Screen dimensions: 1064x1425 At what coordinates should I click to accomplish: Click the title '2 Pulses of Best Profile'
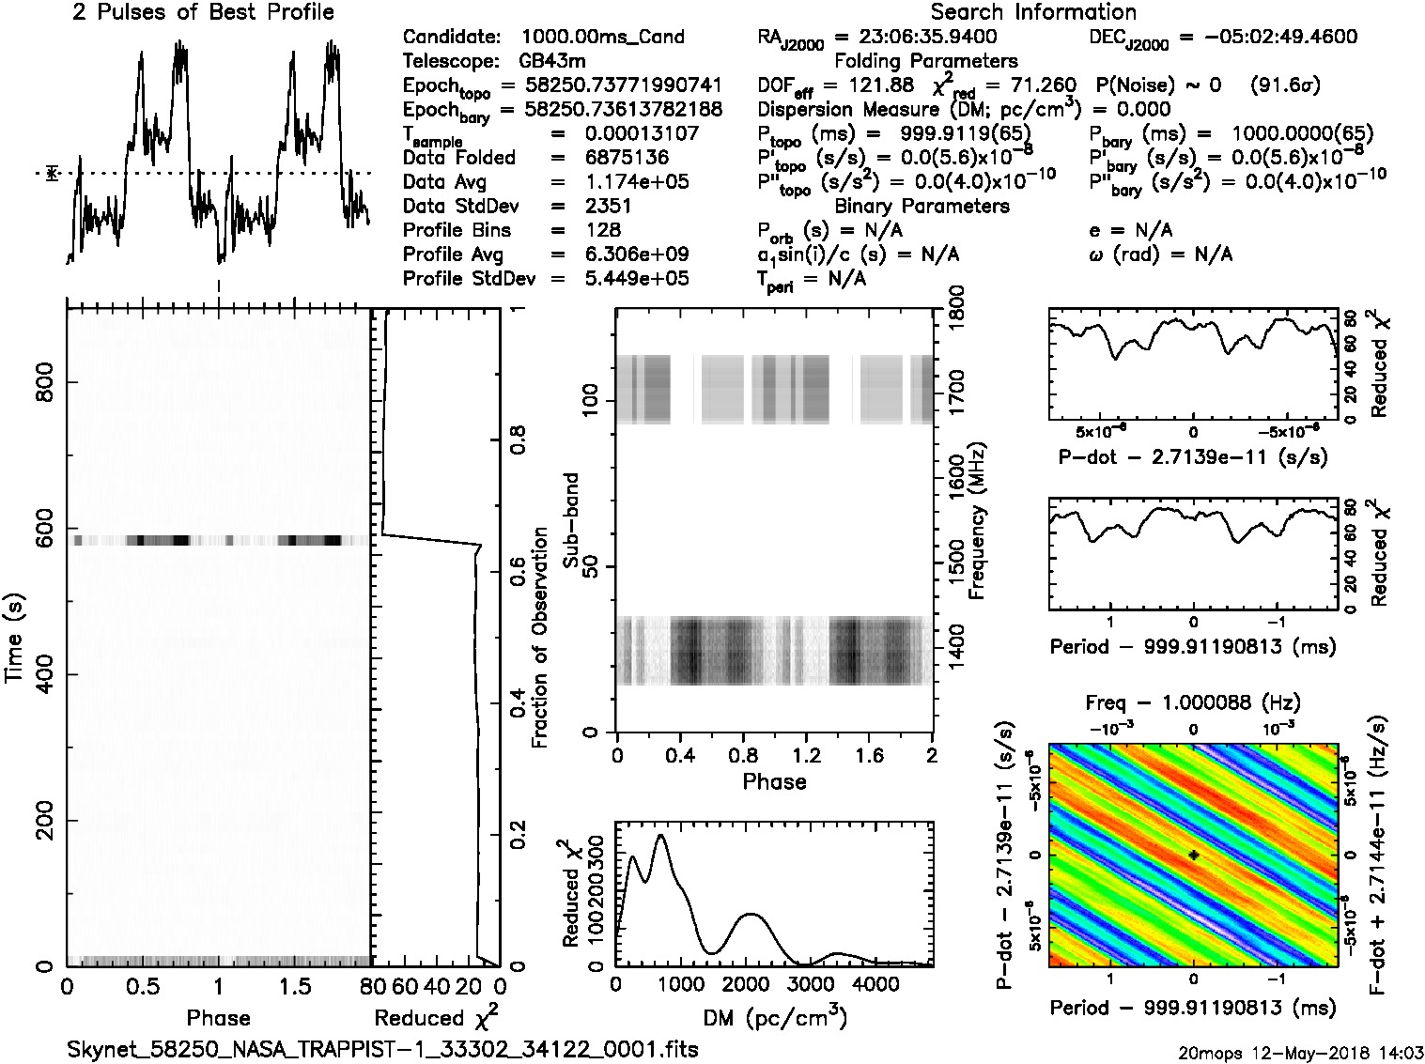[x=203, y=12]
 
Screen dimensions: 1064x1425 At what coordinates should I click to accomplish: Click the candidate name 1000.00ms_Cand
[x=602, y=38]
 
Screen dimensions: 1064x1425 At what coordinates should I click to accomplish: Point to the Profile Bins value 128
[x=602, y=230]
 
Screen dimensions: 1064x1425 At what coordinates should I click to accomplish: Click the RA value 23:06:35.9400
[x=916, y=38]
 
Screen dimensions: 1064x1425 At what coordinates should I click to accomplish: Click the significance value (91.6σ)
[x=1284, y=85]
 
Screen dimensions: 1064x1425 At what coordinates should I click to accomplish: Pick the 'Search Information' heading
[x=1033, y=12]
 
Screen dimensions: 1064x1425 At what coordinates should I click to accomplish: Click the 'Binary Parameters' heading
[x=922, y=206]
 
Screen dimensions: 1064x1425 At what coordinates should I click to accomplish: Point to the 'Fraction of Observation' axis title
[x=539, y=638]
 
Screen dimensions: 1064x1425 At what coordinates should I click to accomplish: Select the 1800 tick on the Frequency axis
[x=956, y=309]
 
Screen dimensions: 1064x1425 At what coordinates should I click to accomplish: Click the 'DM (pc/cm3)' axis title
[x=774, y=1018]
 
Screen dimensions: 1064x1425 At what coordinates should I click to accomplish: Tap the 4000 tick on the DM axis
[x=876, y=984]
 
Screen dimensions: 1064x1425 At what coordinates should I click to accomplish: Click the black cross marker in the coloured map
[x=1193, y=856]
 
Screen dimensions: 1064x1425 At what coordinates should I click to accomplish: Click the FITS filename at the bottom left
[x=382, y=1049]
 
